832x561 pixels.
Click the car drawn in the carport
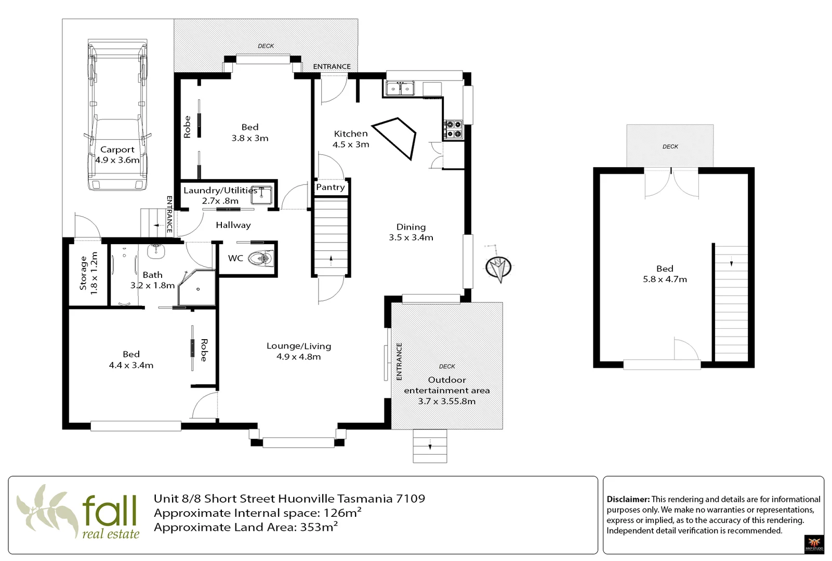117,115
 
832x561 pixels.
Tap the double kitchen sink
400,89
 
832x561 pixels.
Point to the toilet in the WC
261,258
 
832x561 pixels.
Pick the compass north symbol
498,266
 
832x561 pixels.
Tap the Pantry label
330,187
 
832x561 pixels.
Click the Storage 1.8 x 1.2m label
88,273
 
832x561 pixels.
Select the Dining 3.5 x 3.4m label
411,232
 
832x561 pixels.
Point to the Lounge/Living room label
299,351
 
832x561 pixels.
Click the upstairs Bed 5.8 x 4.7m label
665,274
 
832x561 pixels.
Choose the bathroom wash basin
156,251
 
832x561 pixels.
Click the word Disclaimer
628,499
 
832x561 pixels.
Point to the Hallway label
233,225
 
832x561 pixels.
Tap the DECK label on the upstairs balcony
670,146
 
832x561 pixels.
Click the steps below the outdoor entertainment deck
430,446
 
